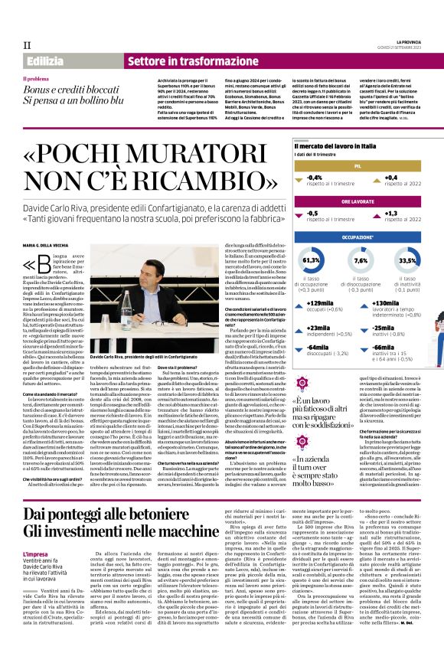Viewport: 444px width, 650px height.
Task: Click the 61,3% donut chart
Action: click(312, 261)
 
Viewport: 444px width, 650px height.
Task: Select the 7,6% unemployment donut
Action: click(359, 261)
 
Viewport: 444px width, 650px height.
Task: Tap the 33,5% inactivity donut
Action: click(407, 261)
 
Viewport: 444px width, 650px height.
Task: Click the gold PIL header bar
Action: click(357, 165)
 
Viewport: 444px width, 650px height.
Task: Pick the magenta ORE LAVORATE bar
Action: click(357, 201)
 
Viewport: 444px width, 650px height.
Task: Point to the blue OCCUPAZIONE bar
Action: click(357, 238)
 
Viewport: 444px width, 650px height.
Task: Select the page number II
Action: click(26, 44)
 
